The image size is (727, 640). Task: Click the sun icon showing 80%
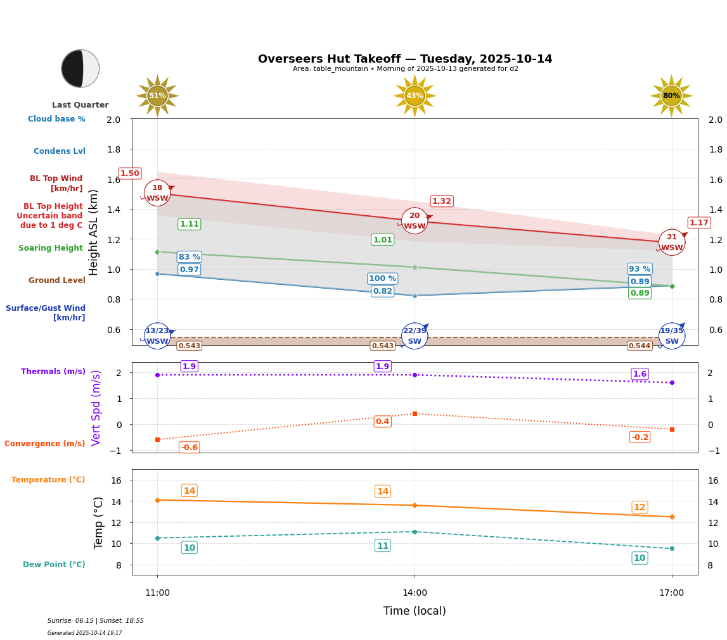(x=671, y=96)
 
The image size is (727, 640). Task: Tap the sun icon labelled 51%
(x=157, y=96)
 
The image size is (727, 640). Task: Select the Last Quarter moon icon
(x=80, y=68)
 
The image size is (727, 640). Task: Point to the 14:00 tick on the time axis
(x=415, y=593)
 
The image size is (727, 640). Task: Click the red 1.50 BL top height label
(x=130, y=173)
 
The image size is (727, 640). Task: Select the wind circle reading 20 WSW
(x=415, y=221)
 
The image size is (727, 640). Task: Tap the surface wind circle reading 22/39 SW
(x=415, y=336)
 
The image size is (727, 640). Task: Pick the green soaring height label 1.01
(x=382, y=240)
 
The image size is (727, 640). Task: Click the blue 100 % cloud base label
(x=382, y=279)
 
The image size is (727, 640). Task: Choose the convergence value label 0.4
(x=382, y=422)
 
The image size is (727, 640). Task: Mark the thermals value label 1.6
(x=640, y=374)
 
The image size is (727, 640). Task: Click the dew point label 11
(x=382, y=546)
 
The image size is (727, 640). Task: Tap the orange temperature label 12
(x=640, y=507)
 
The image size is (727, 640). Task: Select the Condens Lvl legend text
(x=60, y=151)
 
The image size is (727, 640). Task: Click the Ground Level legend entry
(x=57, y=280)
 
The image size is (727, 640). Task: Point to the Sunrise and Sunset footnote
(x=96, y=621)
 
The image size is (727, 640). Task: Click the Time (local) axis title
(x=415, y=611)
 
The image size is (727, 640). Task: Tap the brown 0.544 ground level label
(x=640, y=346)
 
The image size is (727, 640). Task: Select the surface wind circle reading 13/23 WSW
(x=157, y=336)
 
